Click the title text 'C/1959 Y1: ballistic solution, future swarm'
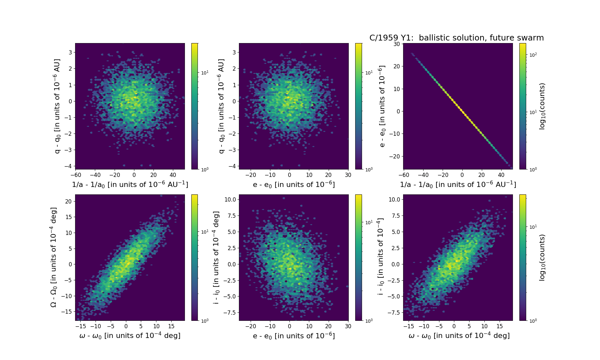[457, 38]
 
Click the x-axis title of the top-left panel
[130, 184]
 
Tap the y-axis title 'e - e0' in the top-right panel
[382, 106]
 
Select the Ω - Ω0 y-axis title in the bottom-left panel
[54, 257]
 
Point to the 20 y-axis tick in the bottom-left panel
[68, 201]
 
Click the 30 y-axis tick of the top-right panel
[397, 44]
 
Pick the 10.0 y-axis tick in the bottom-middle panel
[230, 199]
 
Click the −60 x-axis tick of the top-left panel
[76, 175]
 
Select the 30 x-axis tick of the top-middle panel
[348, 175]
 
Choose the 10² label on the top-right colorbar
[533, 55]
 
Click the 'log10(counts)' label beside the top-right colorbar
[542, 106]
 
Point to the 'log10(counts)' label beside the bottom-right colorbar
[542, 258]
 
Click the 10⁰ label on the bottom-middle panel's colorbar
[369, 320]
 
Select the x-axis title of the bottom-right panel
[459, 336]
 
